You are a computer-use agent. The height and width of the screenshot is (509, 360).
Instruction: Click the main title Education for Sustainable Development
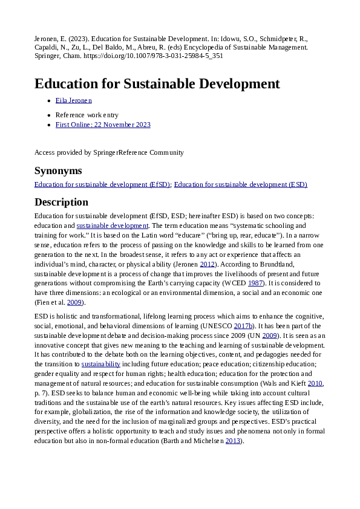click(157, 83)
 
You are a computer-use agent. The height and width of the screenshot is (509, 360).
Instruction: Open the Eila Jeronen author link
click(73, 100)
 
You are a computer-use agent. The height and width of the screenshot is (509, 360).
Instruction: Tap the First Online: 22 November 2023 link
click(103, 125)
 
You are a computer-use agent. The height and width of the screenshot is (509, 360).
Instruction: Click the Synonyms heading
click(58, 170)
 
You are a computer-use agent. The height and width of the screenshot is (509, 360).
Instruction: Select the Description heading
click(61, 202)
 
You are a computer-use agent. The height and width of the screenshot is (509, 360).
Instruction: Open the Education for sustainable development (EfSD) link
click(102, 184)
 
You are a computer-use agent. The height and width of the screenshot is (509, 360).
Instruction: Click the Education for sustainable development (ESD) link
click(240, 184)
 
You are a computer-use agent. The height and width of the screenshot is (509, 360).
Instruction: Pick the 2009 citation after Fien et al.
click(74, 302)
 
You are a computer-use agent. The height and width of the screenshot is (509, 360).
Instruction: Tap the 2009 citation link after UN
click(269, 335)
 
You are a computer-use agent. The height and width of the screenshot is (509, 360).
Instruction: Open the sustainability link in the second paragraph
click(101, 364)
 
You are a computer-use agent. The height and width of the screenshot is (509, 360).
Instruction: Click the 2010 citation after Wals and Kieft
click(315, 383)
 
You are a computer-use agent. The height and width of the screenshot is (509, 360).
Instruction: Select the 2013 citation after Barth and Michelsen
click(232, 441)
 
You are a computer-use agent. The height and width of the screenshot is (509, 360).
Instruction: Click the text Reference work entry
click(87, 115)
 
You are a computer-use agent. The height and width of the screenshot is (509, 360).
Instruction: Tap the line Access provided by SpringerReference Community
click(109, 152)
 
